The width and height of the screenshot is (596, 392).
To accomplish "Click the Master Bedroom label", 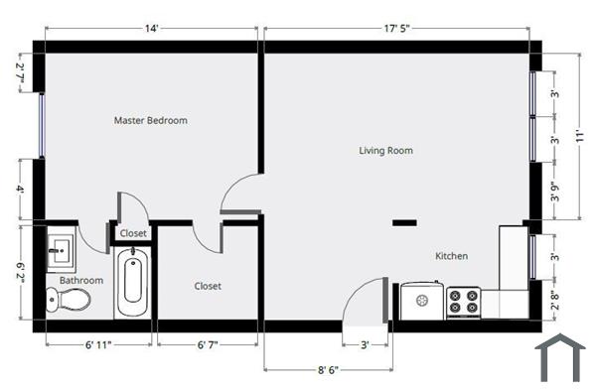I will pyautogui.click(x=150, y=121).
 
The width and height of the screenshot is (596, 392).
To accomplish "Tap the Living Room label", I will pyautogui.click(x=385, y=151).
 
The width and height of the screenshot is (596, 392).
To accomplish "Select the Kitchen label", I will pyautogui.click(x=451, y=256).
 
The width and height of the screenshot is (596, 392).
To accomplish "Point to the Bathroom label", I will pyautogui.click(x=80, y=281).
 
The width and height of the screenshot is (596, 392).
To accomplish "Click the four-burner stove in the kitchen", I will pyautogui.click(x=463, y=300).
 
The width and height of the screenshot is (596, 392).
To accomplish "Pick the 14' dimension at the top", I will pyautogui.click(x=152, y=30).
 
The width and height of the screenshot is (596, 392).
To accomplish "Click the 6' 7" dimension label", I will pyautogui.click(x=207, y=345).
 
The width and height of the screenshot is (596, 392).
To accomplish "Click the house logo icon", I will pyautogui.click(x=559, y=358).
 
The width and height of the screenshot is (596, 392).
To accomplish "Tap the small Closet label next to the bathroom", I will pyautogui.click(x=133, y=234).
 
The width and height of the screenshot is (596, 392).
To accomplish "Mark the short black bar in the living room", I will pyautogui.click(x=404, y=222).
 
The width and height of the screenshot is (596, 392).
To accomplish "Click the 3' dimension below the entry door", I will pyautogui.click(x=365, y=345).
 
